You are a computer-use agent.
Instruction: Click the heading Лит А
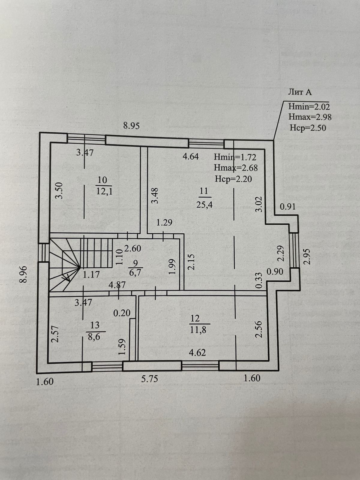pyautogui.click(x=300, y=92)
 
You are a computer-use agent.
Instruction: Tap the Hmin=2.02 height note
pyautogui.click(x=309, y=106)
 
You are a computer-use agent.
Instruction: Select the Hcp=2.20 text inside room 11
pyautogui.click(x=233, y=179)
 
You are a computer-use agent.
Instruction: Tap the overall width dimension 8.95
pyautogui.click(x=131, y=126)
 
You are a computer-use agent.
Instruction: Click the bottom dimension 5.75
pyautogui.click(x=149, y=379)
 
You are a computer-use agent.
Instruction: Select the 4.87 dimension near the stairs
pyautogui.click(x=117, y=285)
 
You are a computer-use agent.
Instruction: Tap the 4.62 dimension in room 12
pyautogui.click(x=197, y=352)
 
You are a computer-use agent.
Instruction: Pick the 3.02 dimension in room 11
pyautogui.click(x=259, y=204)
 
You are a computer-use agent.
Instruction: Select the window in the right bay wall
pyautogui.click(x=295, y=250)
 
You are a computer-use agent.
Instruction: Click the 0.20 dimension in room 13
pyautogui.click(x=122, y=313)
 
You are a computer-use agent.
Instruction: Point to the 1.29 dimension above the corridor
pyautogui.click(x=164, y=223)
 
